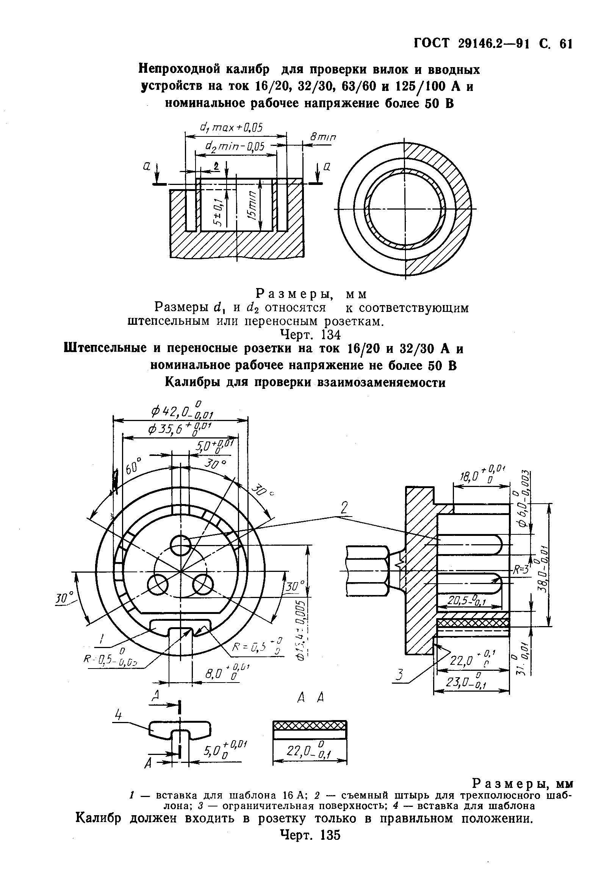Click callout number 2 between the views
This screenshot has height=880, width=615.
pos(344,508)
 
